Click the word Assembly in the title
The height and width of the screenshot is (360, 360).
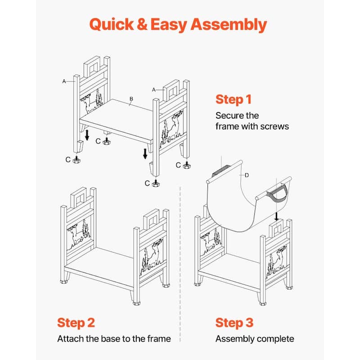click(x=229, y=25)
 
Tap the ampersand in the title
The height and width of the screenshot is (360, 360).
click(x=142, y=24)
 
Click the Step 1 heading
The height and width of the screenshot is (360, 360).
click(x=234, y=99)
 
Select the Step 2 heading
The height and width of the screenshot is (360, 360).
click(x=76, y=323)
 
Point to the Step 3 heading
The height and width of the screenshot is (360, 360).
click(x=234, y=323)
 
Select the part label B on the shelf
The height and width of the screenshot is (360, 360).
click(x=131, y=99)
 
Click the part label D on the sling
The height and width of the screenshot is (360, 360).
click(x=247, y=175)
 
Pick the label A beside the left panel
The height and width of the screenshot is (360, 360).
click(x=64, y=81)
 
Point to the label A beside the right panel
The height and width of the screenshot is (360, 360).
click(x=154, y=90)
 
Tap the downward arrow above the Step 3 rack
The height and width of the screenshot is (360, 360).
click(x=277, y=216)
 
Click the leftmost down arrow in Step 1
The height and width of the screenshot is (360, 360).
click(x=87, y=135)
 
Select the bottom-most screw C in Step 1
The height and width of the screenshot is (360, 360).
click(x=156, y=183)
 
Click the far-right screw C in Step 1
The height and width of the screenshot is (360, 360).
click(x=187, y=165)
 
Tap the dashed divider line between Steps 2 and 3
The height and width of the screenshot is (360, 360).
click(x=180, y=264)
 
